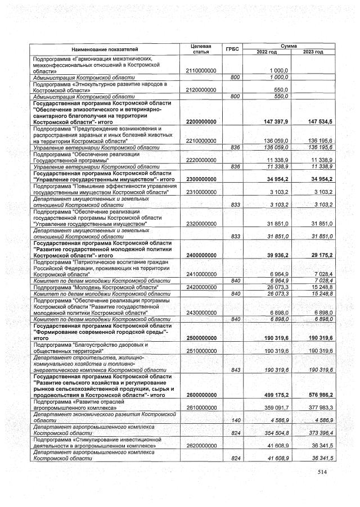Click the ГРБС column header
pos(232,49)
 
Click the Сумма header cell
pos(290,45)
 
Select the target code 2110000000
pos(201,70)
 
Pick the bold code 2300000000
pos(201,179)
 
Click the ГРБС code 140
pos(236,420)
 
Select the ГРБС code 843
pos(236,369)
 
